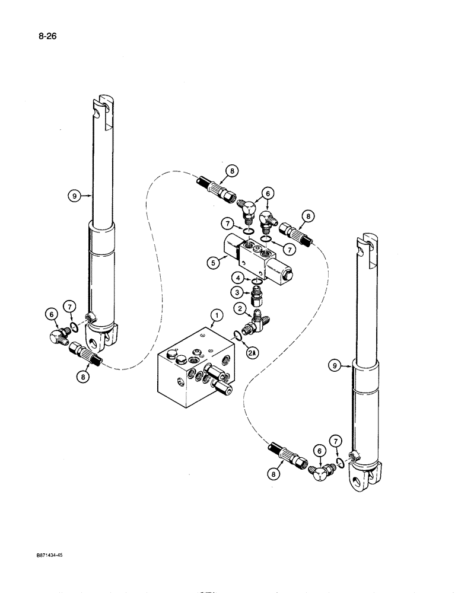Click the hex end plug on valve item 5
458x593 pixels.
[290, 275]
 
